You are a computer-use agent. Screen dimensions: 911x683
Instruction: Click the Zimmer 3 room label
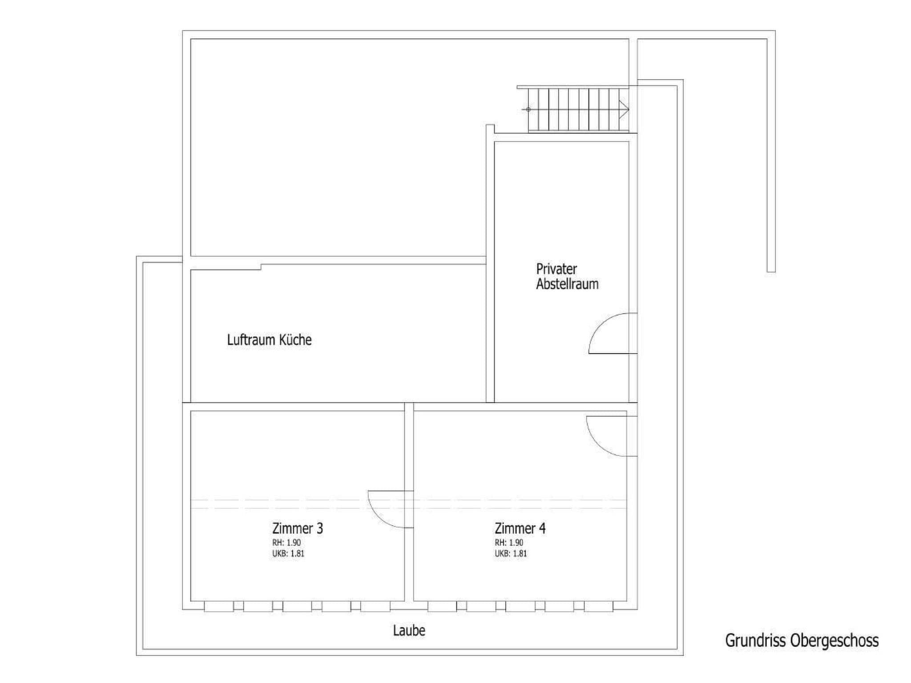pyautogui.click(x=298, y=528)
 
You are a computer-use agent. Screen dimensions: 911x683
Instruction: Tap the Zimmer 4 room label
pyautogui.click(x=520, y=528)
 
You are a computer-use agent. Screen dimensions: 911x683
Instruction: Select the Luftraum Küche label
pyautogui.click(x=269, y=340)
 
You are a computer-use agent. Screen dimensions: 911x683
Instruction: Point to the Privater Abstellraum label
pyautogui.click(x=567, y=277)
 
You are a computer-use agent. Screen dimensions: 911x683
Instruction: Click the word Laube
pyautogui.click(x=409, y=631)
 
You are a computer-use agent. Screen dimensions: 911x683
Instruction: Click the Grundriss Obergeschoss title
pyautogui.click(x=802, y=641)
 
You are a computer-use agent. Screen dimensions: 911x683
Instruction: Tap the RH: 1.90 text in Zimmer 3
pyautogui.click(x=286, y=543)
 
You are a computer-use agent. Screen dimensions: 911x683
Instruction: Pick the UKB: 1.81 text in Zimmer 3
pyautogui.click(x=288, y=554)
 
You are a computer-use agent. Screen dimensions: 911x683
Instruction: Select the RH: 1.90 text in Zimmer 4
pyautogui.click(x=509, y=543)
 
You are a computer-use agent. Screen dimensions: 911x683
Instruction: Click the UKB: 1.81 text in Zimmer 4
pyautogui.click(x=511, y=554)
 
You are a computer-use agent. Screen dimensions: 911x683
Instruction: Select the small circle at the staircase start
pyautogui.click(x=528, y=109)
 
